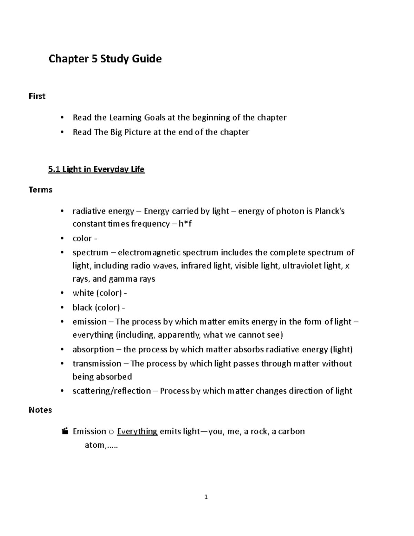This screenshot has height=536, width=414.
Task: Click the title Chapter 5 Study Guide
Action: [x=105, y=59]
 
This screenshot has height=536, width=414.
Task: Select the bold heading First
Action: [x=37, y=96]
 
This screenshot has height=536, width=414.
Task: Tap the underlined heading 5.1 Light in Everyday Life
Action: [x=96, y=169]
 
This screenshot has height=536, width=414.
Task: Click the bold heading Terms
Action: [x=40, y=190]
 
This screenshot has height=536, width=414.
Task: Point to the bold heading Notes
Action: [x=40, y=410]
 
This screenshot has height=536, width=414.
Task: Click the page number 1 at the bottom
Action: [x=206, y=497]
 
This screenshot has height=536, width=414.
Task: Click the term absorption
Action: [x=93, y=350]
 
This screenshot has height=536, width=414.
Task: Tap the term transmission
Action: [x=97, y=364]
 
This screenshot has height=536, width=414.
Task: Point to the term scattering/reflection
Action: [x=111, y=391]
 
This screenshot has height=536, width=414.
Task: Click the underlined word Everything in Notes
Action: [x=137, y=431]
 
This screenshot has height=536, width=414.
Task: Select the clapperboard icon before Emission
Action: [x=64, y=431]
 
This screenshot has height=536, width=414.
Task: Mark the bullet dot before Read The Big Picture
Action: [x=62, y=132]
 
